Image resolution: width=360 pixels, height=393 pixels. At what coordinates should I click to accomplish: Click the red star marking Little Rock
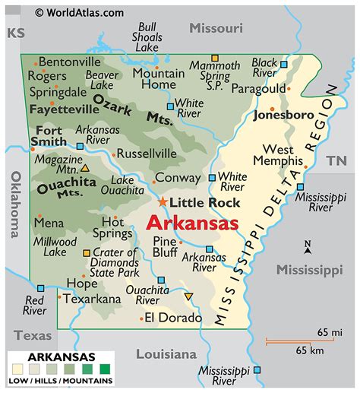tap(163, 202)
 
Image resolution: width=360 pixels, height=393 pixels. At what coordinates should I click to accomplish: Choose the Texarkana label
tap(92, 299)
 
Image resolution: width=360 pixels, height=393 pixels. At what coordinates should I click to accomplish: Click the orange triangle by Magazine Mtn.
tap(84, 168)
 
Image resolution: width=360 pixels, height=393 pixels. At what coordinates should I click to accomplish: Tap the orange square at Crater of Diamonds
tap(87, 252)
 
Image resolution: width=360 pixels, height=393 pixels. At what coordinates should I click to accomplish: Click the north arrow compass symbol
tap(307, 247)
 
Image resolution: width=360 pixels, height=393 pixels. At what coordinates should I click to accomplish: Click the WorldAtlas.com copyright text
tap(80, 12)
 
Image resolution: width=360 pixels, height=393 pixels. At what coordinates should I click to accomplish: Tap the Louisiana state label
tap(166, 354)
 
